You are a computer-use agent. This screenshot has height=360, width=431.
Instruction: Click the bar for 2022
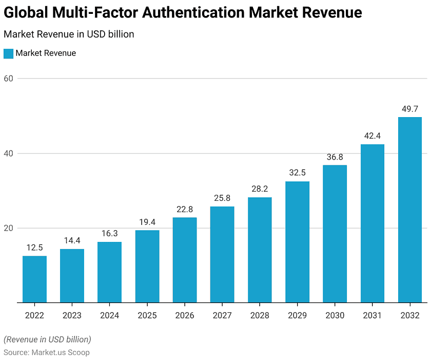pyautogui.click(x=34, y=279)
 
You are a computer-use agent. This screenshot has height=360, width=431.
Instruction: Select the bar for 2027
pyautogui.click(x=222, y=255)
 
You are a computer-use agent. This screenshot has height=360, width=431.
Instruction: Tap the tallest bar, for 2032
pyautogui.click(x=410, y=210)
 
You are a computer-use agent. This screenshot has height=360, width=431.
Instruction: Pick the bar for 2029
pyautogui.click(x=297, y=242)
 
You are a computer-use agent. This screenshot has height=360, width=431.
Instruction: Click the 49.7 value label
pyautogui.click(x=410, y=109)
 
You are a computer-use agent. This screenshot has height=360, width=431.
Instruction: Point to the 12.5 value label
pyautogui.click(x=34, y=248)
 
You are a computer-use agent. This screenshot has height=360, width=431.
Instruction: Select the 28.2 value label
pyautogui.click(x=260, y=189)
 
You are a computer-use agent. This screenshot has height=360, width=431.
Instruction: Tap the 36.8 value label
pyautogui.click(x=335, y=157)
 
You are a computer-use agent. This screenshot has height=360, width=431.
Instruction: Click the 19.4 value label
pyautogui.click(x=147, y=222)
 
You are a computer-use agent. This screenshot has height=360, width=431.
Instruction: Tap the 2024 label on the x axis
pyautogui.click(x=109, y=315)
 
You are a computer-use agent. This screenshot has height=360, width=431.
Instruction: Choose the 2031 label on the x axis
pyautogui.click(x=372, y=315)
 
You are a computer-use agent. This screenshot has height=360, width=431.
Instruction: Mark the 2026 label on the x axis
pyautogui.click(x=185, y=315)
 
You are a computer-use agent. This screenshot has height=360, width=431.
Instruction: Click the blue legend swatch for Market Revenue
pyautogui.click(x=8, y=53)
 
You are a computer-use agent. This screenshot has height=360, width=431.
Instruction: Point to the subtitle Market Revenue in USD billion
pyautogui.click(x=69, y=34)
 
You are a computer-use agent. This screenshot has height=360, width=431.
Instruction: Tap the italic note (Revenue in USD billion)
pyautogui.click(x=47, y=339)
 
